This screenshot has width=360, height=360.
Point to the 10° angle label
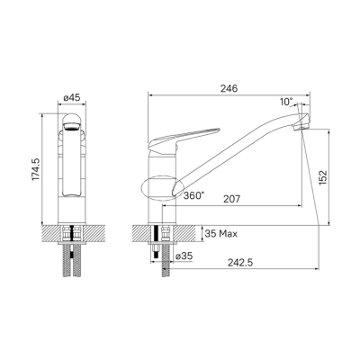point(286,103)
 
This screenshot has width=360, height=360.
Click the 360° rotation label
point(192,194)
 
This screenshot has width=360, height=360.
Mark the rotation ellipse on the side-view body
point(158,187)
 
